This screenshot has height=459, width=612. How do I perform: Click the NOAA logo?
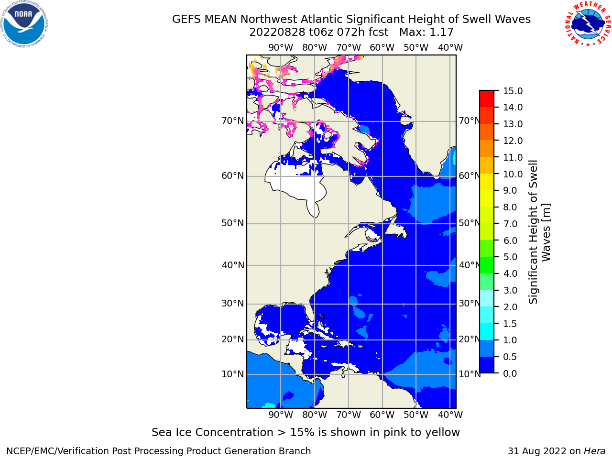point(24,24)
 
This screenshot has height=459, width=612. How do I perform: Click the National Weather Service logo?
point(588,24)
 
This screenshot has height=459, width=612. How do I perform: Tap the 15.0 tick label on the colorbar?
point(513,91)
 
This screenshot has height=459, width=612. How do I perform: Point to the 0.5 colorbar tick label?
point(510,357)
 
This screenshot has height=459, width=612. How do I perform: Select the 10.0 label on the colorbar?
point(513,174)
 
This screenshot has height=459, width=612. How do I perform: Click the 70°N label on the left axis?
point(232,121)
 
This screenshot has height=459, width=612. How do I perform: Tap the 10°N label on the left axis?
point(232,374)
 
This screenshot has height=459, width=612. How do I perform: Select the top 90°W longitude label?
point(281,48)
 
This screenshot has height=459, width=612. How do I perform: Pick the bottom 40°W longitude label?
point(450,415)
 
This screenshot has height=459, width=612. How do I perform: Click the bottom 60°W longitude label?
point(382,415)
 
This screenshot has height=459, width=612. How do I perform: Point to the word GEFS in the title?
point(186,20)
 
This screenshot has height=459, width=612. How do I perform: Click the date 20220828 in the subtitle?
point(277,33)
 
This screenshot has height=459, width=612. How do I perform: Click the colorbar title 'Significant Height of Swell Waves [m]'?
point(539,232)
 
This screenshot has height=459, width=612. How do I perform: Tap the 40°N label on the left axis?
point(232,265)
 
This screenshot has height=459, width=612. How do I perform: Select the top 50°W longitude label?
point(415,48)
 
